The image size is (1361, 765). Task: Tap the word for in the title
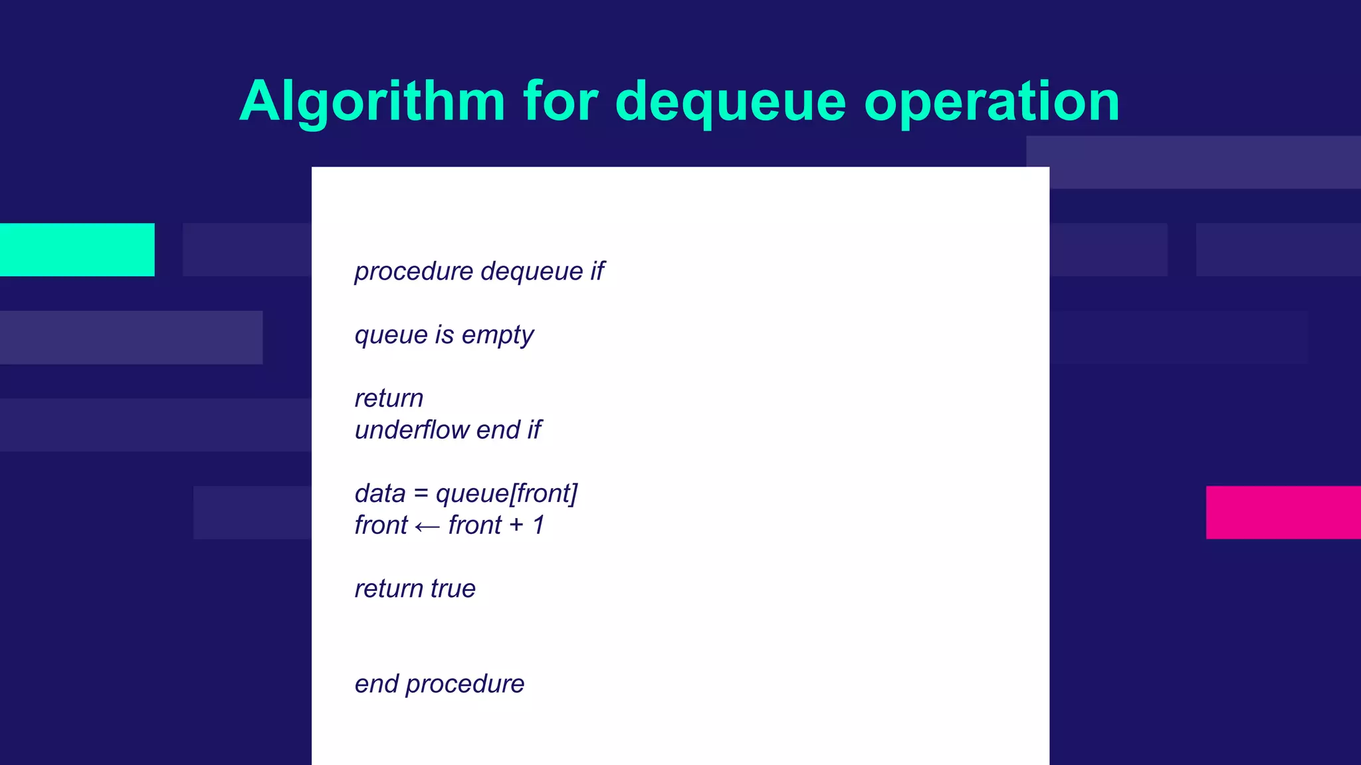tap(560, 102)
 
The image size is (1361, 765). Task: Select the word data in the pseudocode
tap(379, 494)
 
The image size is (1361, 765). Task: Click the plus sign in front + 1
tap(516, 526)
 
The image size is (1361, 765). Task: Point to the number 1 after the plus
tap(539, 525)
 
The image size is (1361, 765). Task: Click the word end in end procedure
tap(376, 684)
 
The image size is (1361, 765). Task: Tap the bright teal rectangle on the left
tap(77, 250)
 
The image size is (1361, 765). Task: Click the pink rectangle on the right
tap(1283, 512)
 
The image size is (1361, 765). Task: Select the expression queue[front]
tap(506, 494)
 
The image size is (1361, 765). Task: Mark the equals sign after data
tap(421, 494)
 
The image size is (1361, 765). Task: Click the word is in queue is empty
tap(444, 335)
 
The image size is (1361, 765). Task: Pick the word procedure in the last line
tap(465, 685)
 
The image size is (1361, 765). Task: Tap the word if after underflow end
tap(534, 430)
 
